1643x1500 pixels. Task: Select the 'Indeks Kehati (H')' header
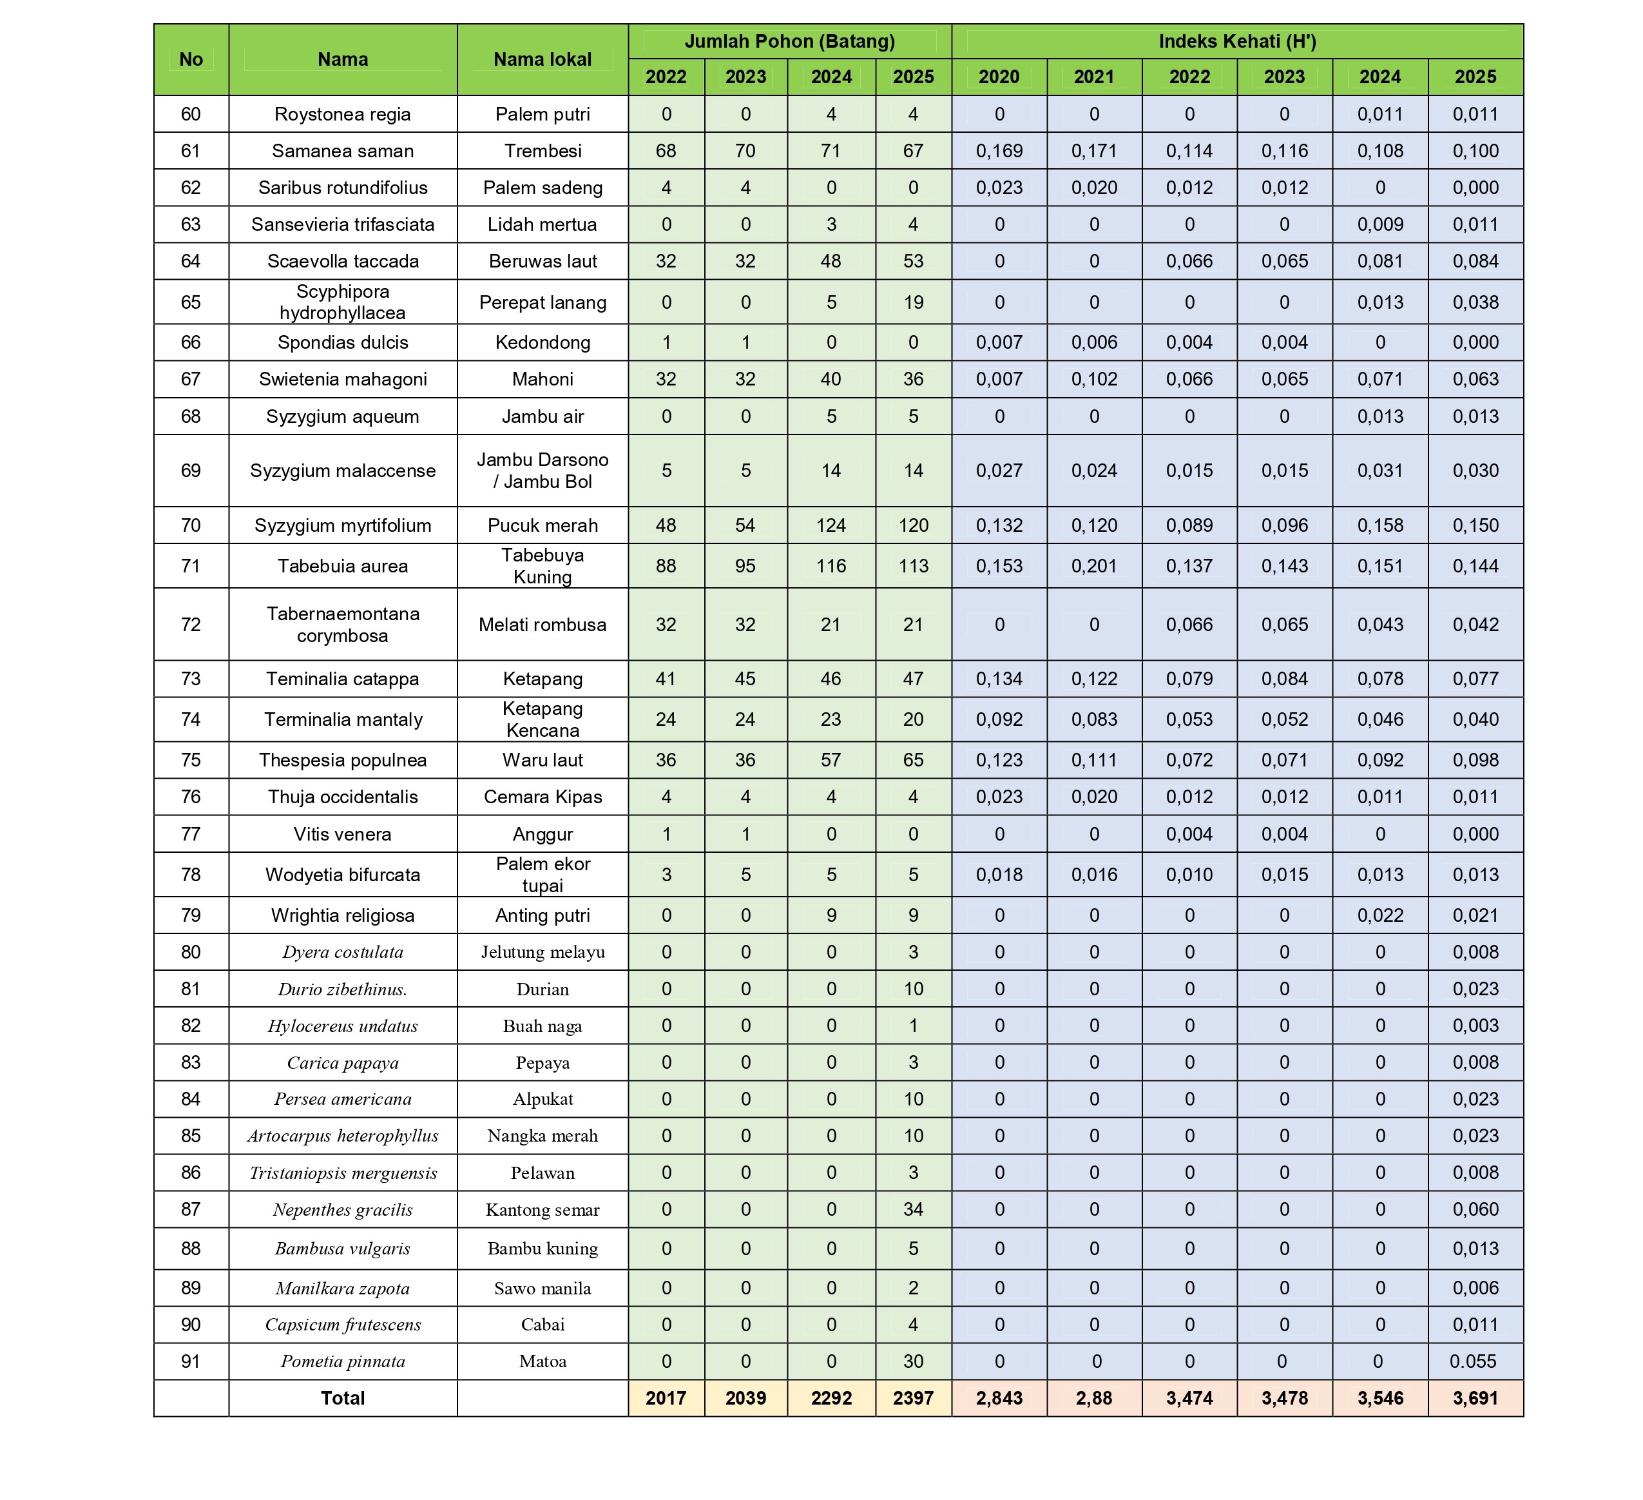(1237, 41)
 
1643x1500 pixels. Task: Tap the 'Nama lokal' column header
(542, 59)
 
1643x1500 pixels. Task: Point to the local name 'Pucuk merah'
(542, 525)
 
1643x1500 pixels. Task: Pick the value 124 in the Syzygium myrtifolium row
(831, 525)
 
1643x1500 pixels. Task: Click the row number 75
(191, 760)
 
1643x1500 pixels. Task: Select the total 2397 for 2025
(913, 1398)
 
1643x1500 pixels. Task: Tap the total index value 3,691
(1475, 1398)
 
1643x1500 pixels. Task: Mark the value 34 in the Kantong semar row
(913, 1210)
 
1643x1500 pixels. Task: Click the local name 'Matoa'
(542, 1361)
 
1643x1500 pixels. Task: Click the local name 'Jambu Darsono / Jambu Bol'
(542, 471)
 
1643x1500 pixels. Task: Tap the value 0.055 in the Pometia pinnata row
(1475, 1361)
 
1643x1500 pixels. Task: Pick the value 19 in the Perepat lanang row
(913, 302)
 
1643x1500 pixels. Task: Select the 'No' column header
(191, 59)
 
